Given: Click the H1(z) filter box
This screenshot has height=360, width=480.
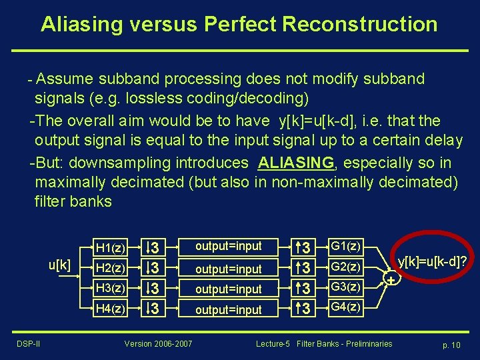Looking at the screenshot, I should (x=110, y=247).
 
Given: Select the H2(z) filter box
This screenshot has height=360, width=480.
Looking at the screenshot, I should (x=110, y=268).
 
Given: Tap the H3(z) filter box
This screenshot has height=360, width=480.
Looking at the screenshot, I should (x=110, y=288).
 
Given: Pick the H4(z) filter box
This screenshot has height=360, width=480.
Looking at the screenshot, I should (x=110, y=309).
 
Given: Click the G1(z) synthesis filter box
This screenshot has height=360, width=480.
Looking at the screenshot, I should (x=345, y=247).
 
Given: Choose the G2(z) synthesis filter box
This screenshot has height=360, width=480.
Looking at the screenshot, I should (x=345, y=267).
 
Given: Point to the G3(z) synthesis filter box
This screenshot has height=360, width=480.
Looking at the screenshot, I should (x=345, y=287).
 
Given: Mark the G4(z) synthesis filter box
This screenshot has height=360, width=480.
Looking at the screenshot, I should (x=345, y=307).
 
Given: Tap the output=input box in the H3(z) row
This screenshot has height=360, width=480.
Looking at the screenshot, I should (x=228, y=289).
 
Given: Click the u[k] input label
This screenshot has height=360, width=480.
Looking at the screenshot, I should (x=59, y=265).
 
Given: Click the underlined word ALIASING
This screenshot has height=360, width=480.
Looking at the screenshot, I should (x=295, y=163).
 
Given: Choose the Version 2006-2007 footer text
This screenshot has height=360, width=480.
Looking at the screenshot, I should (x=158, y=343).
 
